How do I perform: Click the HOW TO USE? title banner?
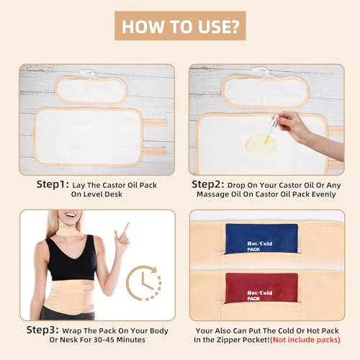point(180,27)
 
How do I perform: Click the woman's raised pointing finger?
point(125,229)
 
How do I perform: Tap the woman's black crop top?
point(71,259)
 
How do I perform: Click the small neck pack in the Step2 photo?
point(266,89)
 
